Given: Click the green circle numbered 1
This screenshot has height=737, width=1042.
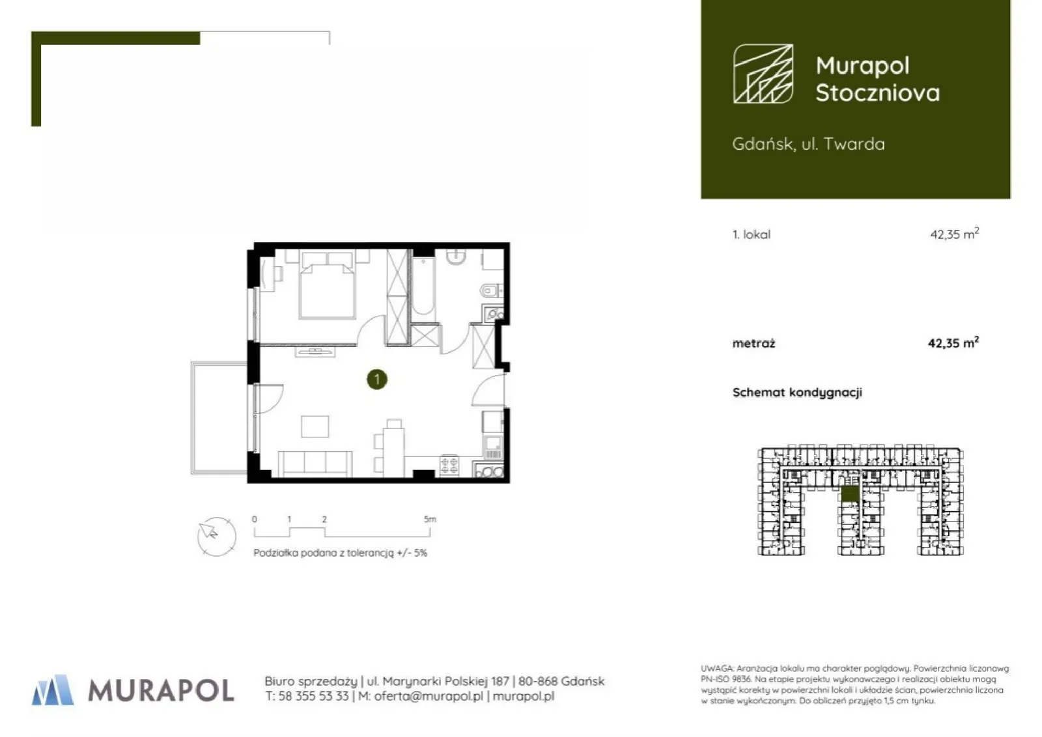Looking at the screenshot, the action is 377,380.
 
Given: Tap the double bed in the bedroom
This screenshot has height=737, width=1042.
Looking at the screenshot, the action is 328,285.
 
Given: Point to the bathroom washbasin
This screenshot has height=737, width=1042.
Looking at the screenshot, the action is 457,257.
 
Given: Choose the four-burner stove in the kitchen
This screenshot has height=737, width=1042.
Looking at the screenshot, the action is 449,466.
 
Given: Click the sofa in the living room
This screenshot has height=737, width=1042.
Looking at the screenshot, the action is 315,464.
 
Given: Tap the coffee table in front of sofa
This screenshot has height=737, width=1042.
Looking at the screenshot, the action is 315,426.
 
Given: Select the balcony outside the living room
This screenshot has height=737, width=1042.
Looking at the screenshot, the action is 219,418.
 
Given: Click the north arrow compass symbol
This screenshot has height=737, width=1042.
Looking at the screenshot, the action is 216,536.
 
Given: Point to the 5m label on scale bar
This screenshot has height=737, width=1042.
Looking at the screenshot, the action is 430,519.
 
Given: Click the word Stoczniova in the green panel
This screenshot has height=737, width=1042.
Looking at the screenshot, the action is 877,92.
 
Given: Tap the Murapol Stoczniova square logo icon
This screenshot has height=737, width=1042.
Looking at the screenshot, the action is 763,74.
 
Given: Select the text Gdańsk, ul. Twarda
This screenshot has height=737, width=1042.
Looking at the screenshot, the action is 808,144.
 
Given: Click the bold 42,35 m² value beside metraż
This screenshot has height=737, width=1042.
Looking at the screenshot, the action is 953,342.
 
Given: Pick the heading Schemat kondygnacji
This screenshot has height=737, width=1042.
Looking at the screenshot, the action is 797,393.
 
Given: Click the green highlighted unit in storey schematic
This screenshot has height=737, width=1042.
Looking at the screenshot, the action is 850,494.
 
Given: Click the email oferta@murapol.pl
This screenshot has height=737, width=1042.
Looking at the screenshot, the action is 429,696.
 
